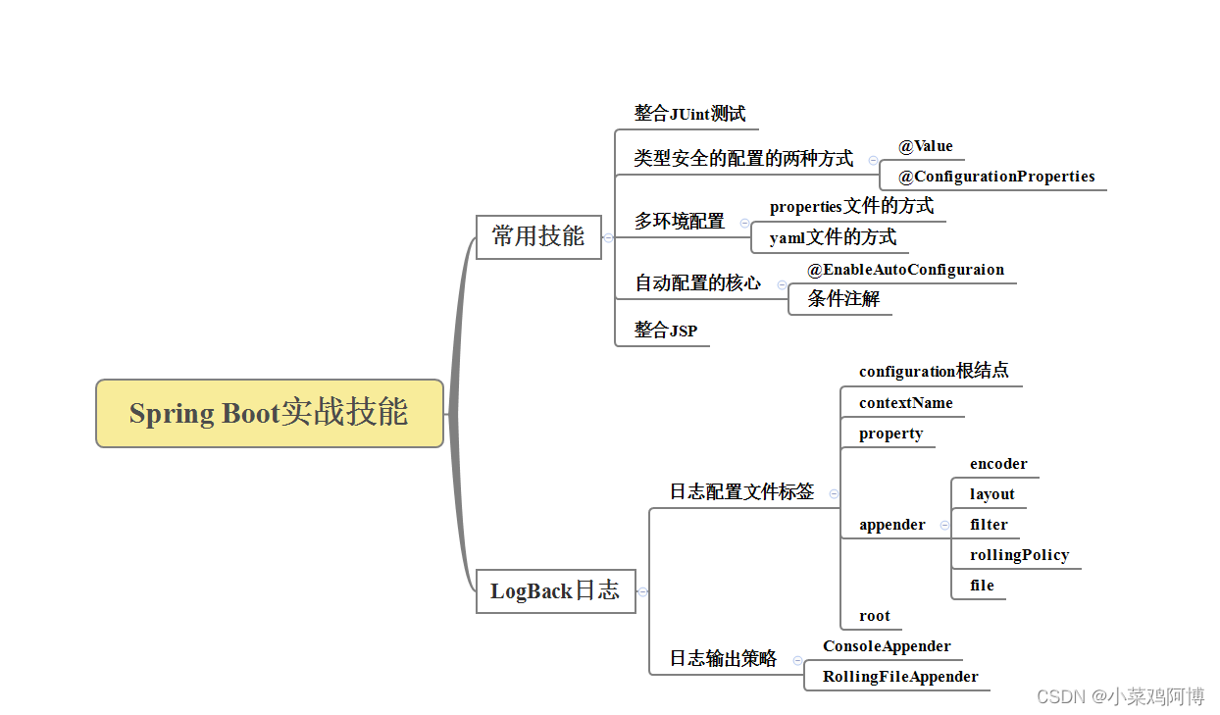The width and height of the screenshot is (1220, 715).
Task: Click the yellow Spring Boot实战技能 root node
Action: [270, 413]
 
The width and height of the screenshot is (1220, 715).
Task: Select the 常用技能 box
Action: [538, 236]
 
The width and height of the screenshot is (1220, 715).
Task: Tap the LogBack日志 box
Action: [555, 590]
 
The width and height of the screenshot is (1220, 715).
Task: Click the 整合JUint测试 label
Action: [689, 114]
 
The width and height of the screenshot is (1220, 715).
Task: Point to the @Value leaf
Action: [925, 146]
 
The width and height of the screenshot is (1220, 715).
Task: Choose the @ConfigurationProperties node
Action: [995, 177]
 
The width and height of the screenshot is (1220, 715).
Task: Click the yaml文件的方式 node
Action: [833, 237]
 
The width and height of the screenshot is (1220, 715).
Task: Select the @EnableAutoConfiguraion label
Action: [905, 270]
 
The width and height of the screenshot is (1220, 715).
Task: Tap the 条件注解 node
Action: [842, 299]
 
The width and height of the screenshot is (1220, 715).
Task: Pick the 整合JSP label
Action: [665, 331]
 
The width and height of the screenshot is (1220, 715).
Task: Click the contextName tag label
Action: [905, 403]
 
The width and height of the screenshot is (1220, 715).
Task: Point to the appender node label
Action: [891, 525]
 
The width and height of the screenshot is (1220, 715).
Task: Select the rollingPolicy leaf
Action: [1019, 555]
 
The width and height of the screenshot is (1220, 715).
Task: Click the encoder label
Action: [998, 464]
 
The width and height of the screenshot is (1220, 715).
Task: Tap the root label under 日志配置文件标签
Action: [874, 616]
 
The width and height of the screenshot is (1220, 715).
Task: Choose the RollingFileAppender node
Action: [899, 677]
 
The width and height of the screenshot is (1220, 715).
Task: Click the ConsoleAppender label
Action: [887, 646]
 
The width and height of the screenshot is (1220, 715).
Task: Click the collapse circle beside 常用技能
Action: [608, 237]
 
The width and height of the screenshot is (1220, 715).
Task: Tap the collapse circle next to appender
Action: [944, 525]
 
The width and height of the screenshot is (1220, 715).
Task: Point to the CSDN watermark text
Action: [1120, 696]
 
